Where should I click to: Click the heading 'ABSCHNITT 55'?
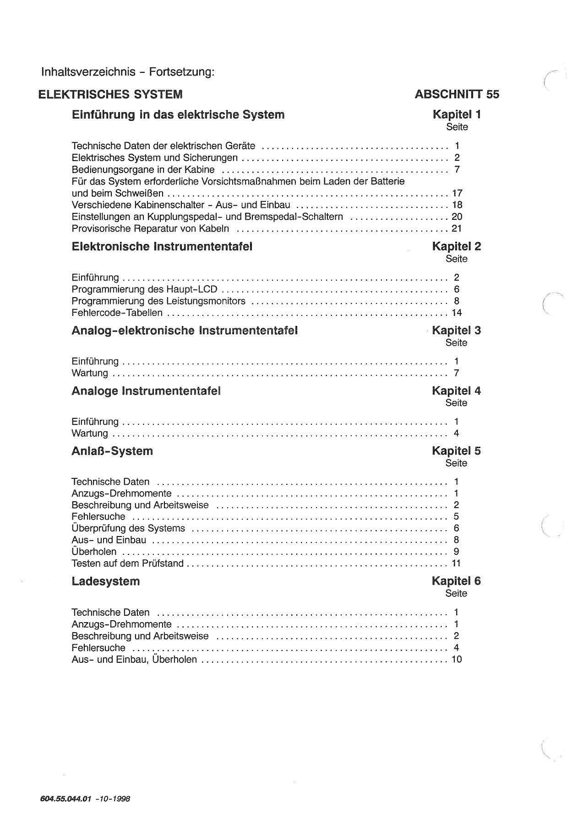(x=457, y=94)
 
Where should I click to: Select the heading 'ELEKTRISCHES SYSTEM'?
(x=110, y=94)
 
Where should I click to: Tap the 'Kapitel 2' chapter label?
(x=456, y=247)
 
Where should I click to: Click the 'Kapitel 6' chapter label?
(x=456, y=581)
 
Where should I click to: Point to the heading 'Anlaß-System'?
(x=112, y=451)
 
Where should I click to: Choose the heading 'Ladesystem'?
(x=106, y=581)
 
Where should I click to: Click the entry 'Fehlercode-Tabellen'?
(x=117, y=313)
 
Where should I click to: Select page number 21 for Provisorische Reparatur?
(x=457, y=228)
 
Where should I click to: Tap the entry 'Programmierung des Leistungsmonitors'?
(x=158, y=301)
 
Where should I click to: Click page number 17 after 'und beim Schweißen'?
(x=457, y=193)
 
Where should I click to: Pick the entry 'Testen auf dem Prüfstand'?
(x=127, y=564)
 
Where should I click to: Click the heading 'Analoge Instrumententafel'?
(x=146, y=391)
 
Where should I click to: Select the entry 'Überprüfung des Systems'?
(x=128, y=528)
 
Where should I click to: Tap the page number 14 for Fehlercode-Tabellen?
(x=457, y=313)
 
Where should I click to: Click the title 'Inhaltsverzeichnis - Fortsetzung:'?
(x=128, y=72)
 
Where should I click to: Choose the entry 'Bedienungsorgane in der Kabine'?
(x=143, y=170)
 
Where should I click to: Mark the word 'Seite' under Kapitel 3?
(x=456, y=343)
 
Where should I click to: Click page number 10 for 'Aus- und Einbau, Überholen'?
(x=457, y=660)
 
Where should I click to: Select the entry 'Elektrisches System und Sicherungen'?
(x=155, y=158)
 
